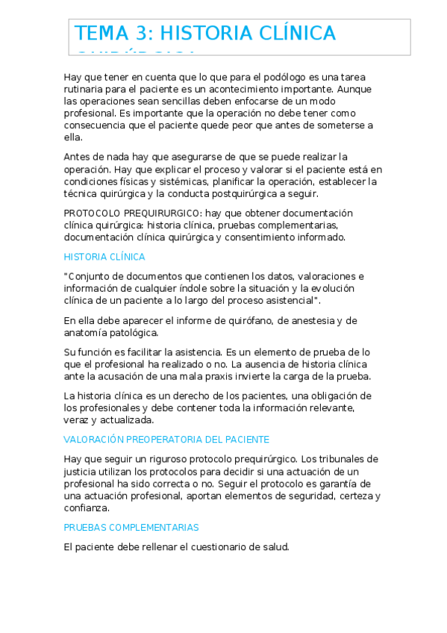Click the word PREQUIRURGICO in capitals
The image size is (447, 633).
(155, 213)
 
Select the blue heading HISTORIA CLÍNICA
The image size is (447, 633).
(104, 257)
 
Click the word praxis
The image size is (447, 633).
(224, 376)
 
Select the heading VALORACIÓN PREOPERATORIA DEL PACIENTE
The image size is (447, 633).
(166, 440)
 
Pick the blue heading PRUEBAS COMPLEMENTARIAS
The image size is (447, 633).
(131, 527)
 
